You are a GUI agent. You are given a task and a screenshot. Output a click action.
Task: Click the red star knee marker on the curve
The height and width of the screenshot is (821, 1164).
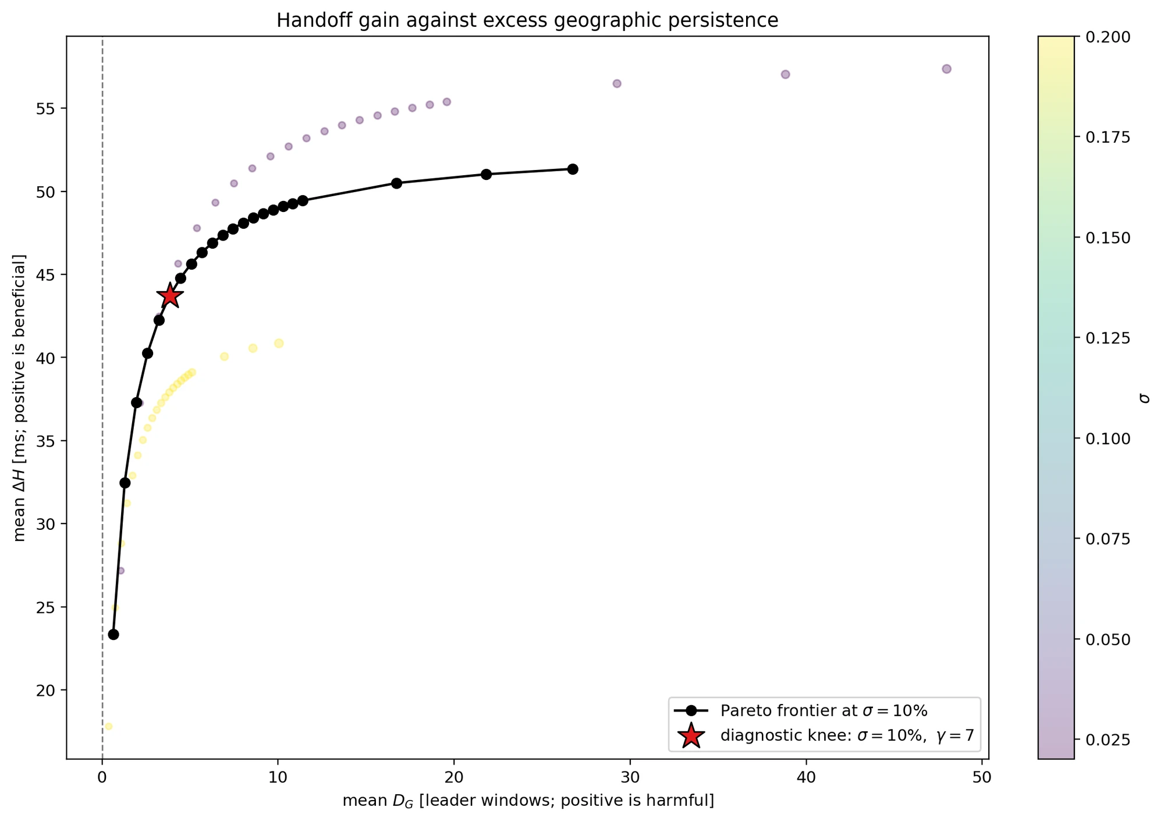170,296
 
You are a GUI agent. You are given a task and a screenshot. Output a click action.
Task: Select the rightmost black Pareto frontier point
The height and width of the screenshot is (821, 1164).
573,169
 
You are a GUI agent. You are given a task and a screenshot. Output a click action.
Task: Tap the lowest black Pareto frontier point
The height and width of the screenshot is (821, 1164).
113,634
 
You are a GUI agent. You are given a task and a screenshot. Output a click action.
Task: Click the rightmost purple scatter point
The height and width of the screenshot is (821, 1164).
946,69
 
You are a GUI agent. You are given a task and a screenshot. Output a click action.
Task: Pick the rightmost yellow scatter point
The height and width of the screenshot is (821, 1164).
279,344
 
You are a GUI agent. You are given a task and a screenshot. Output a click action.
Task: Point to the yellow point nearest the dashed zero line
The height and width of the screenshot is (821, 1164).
108,726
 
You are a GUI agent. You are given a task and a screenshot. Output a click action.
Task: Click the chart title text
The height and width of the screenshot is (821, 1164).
527,20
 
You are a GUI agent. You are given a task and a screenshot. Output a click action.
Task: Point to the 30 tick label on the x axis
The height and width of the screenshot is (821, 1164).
630,777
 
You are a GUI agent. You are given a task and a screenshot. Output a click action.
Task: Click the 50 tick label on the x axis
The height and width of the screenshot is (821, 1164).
981,777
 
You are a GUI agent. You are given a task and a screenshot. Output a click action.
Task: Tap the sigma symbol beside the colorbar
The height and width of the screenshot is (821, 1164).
1145,398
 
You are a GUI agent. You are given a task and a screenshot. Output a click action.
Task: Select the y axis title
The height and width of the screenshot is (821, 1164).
20,398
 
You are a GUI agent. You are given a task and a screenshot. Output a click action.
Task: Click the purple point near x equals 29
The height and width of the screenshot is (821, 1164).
617,83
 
